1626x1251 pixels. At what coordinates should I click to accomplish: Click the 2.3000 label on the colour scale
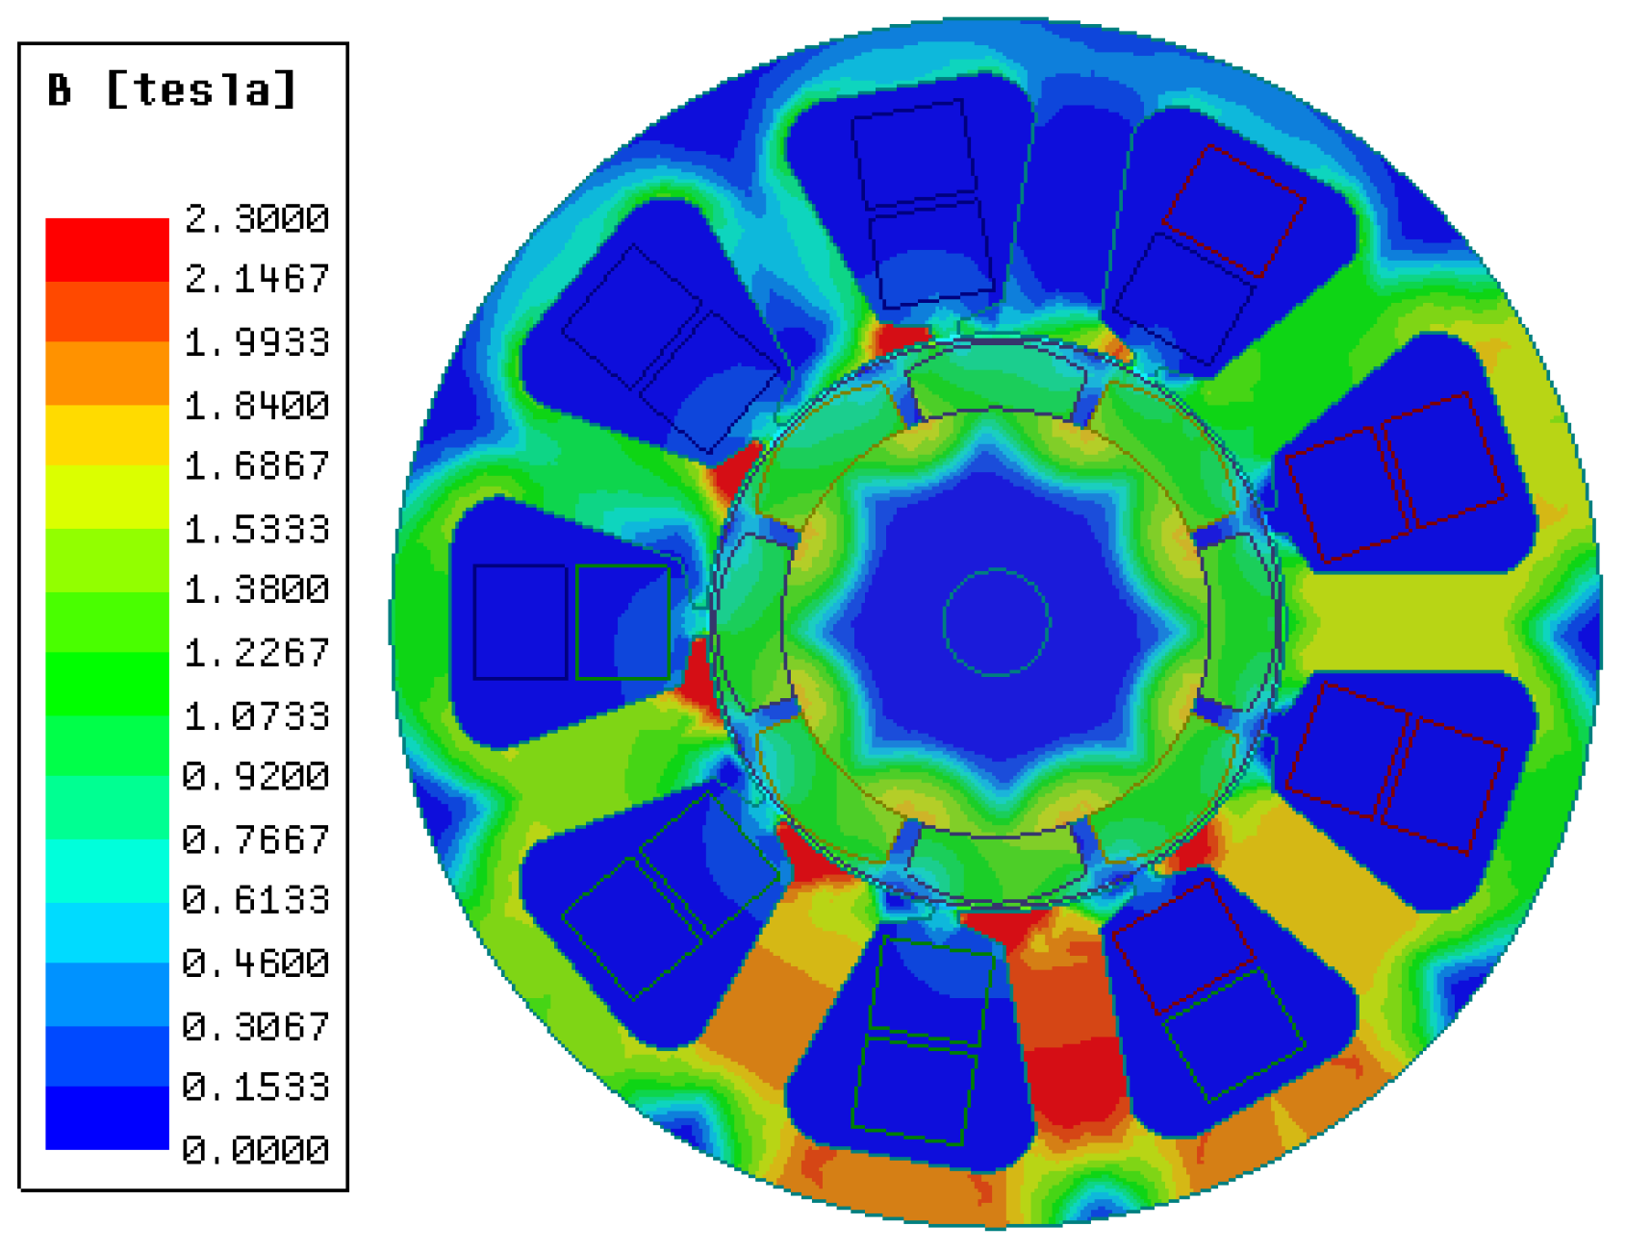[x=256, y=219]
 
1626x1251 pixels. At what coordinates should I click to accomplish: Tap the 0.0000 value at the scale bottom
[x=256, y=1149]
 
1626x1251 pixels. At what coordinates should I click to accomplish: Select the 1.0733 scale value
[x=256, y=715]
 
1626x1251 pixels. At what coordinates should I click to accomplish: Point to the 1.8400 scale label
[x=256, y=406]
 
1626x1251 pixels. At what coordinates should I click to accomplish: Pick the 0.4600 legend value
[x=256, y=963]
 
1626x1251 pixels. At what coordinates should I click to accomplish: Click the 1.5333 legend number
[x=256, y=529]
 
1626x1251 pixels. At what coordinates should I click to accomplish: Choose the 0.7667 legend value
[x=256, y=839]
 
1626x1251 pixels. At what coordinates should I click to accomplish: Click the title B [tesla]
[x=171, y=90]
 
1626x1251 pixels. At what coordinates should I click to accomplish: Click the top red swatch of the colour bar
[x=107, y=249]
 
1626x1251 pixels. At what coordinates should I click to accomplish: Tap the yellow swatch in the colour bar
[x=107, y=435]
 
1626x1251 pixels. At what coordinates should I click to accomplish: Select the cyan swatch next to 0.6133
[x=107, y=870]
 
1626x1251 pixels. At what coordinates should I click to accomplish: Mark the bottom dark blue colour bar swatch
[x=107, y=1117]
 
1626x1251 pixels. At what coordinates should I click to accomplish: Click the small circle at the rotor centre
[x=996, y=622]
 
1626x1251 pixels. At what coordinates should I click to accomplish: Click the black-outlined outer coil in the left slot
[x=521, y=622]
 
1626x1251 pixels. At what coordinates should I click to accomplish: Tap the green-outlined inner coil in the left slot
[x=622, y=622]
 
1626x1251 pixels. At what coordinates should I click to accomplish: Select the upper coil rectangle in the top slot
[x=914, y=154]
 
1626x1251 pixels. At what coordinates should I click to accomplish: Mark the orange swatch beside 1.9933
[x=107, y=372]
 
